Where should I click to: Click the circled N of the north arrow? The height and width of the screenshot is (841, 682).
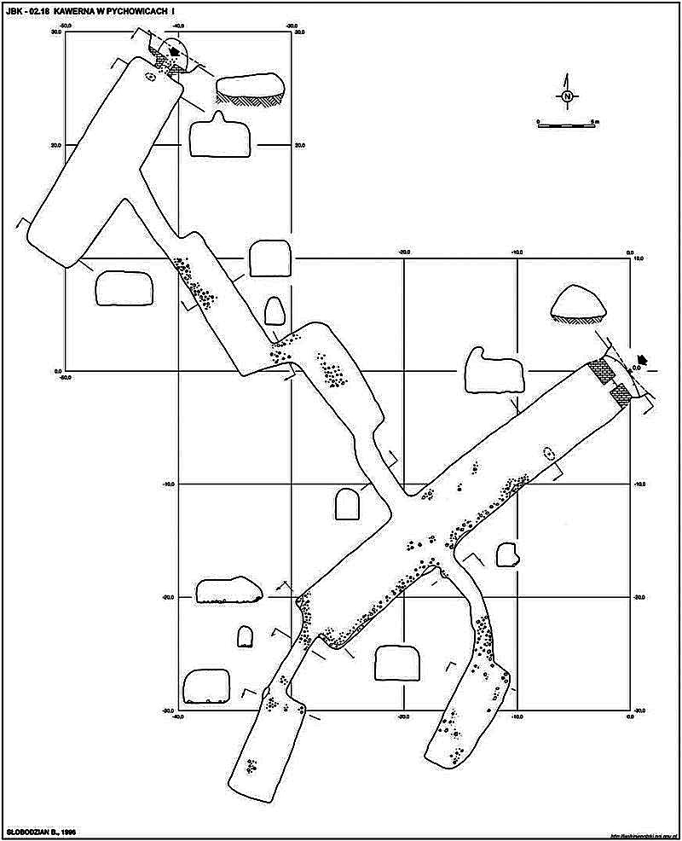[567, 96]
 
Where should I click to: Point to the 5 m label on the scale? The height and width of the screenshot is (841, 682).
[596, 122]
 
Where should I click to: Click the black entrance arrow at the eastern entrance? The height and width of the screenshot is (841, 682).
[644, 360]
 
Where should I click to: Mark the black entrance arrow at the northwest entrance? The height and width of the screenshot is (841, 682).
[176, 52]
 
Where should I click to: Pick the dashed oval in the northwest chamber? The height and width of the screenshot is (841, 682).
[151, 77]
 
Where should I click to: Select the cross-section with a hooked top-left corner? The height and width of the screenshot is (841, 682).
[492, 370]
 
